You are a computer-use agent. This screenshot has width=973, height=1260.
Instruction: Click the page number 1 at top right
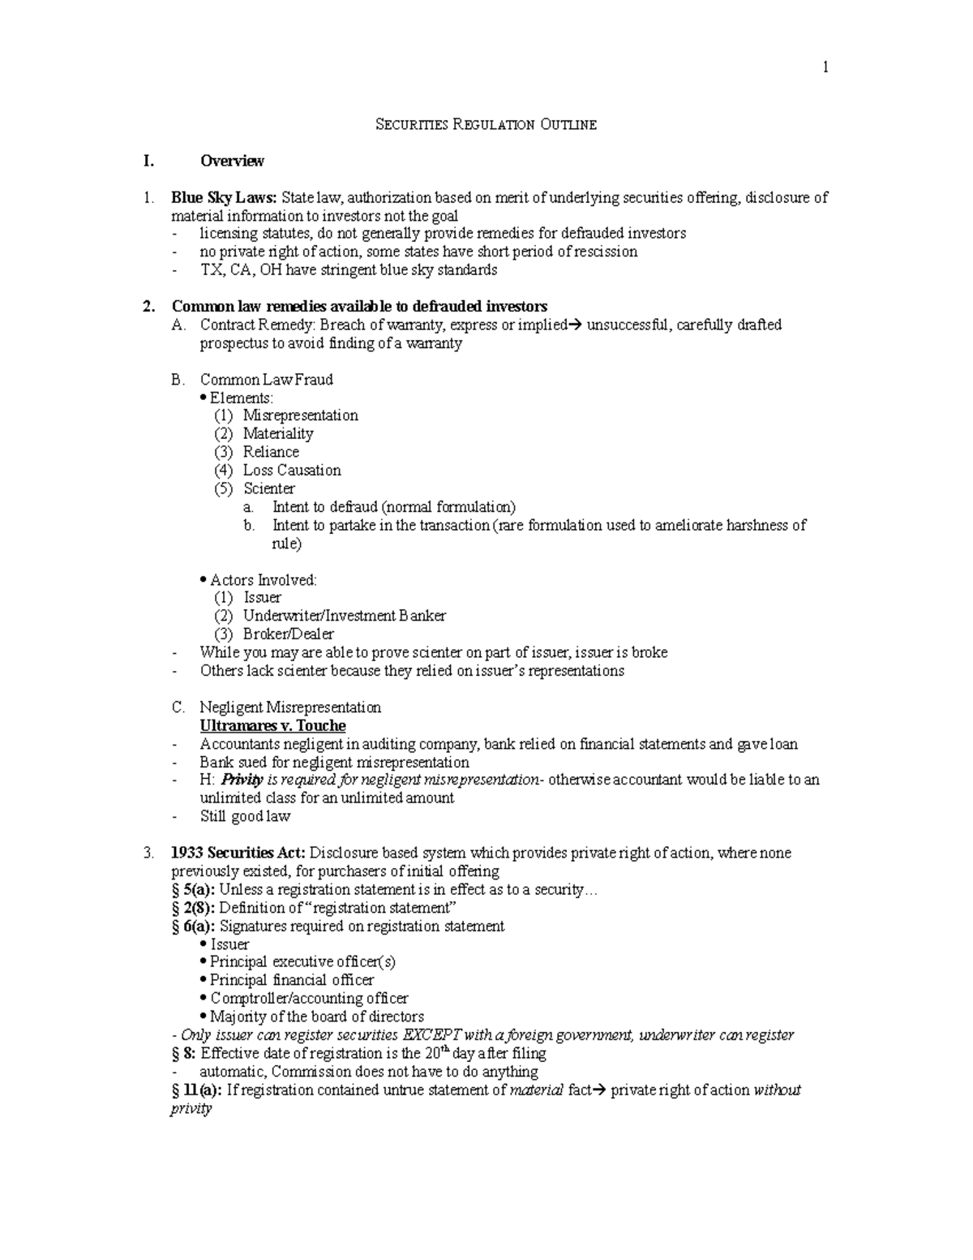pos(825,68)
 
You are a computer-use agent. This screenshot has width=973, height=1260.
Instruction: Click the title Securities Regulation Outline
pos(486,124)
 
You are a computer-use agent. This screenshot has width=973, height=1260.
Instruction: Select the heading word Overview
pos(232,161)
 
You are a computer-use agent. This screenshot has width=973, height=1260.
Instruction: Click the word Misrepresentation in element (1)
pos(300,415)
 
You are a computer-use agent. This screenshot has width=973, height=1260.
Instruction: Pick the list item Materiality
pos(277,433)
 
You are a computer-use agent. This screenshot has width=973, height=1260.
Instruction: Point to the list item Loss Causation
pos(291,470)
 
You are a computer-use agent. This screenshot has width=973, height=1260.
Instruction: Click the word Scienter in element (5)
pos(268,488)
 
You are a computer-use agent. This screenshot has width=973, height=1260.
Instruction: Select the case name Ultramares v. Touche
pos(272,725)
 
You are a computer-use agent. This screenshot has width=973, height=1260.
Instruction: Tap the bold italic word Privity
pos(242,780)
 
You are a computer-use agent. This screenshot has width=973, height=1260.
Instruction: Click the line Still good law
pos(244,816)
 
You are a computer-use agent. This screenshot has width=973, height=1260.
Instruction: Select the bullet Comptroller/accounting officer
pos(308,998)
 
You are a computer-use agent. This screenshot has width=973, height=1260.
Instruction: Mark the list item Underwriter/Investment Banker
pos(344,616)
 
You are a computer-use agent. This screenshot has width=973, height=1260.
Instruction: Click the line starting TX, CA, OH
pos(348,270)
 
